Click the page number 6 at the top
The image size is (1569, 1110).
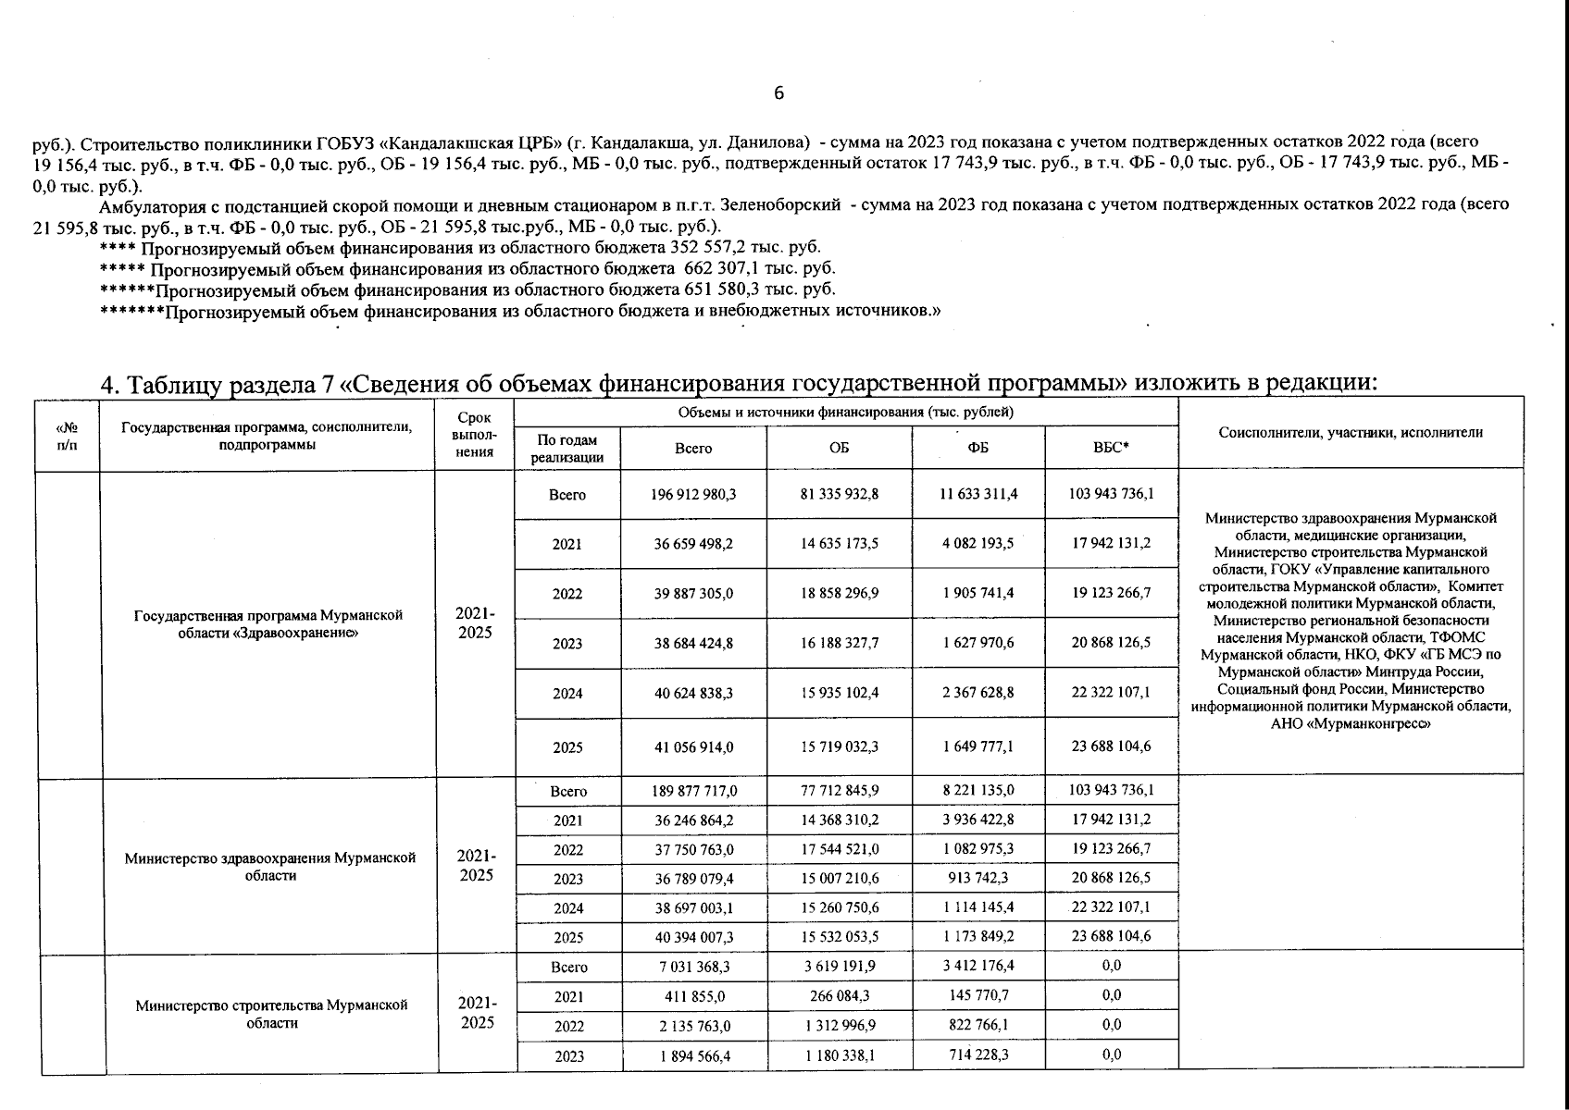[x=778, y=92]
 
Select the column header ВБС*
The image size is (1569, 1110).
[x=1111, y=448]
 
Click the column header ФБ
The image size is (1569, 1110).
[x=978, y=448]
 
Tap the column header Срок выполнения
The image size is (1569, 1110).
[x=475, y=435]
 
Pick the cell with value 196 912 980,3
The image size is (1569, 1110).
[x=693, y=494]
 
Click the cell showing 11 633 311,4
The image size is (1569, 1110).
[x=978, y=494]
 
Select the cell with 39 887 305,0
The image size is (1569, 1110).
[x=693, y=594]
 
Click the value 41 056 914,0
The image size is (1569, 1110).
[x=693, y=746]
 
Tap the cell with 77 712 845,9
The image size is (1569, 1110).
[x=840, y=791]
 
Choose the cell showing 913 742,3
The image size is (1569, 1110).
[x=978, y=878]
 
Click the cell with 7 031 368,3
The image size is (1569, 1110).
[x=693, y=967]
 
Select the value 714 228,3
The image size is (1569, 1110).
[x=978, y=1054]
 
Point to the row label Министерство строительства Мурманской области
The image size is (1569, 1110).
[x=271, y=1014]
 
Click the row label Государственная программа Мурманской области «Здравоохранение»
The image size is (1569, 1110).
[x=268, y=623]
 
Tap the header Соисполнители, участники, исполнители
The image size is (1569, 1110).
[x=1351, y=432]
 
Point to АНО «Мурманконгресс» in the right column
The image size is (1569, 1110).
[x=1351, y=723]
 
